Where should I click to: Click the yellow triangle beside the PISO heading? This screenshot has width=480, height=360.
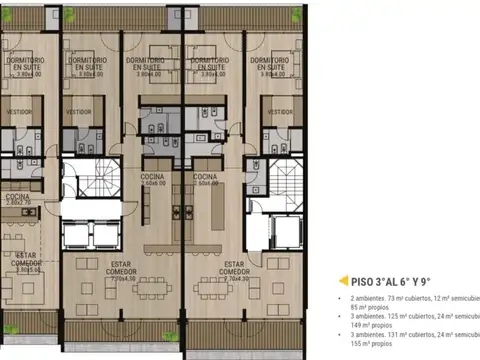click(343, 281)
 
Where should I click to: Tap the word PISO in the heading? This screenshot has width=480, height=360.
click(363, 281)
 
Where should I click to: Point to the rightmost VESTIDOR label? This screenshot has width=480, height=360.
click(274, 111)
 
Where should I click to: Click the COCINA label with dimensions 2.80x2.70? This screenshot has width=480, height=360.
click(17, 198)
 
